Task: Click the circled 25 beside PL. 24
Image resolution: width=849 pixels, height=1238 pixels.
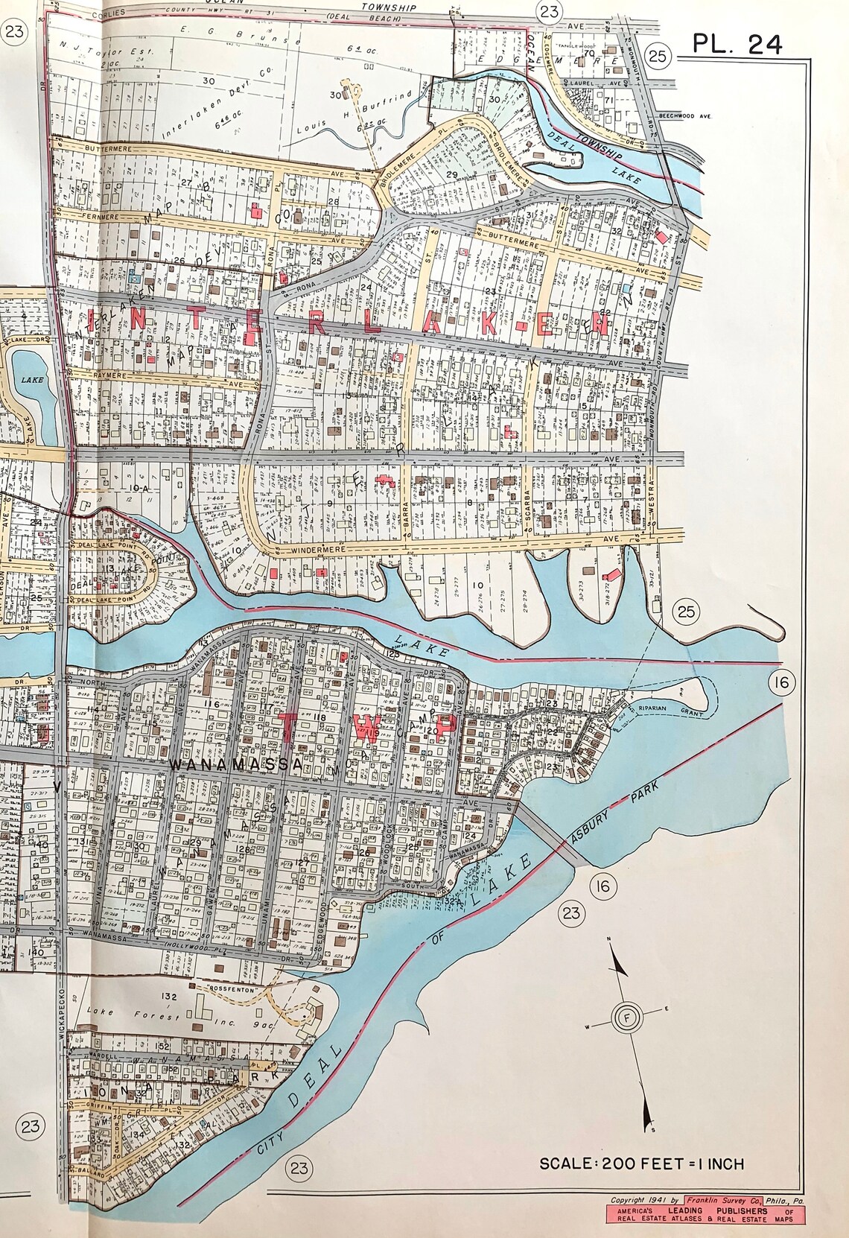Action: (659, 55)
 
